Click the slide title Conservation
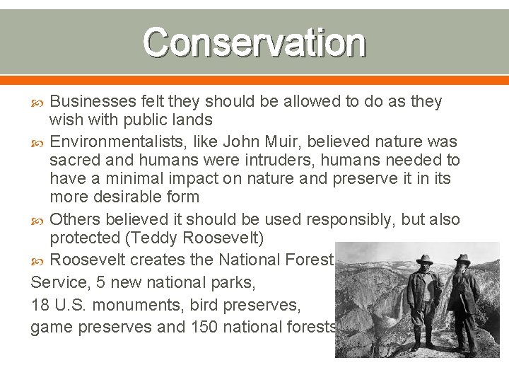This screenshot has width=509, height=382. tap(255, 44)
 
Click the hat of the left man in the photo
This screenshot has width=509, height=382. tap(425, 259)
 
